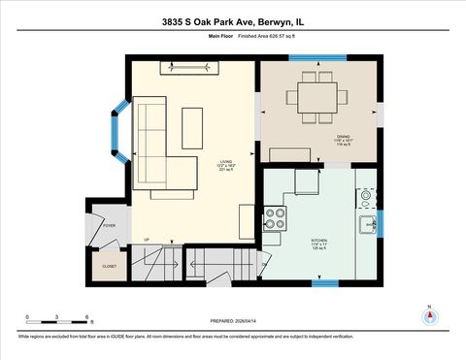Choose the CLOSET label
tap(110, 265)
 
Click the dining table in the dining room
tap(316, 97)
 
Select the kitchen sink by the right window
tap(367, 225)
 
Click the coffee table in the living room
tap(193, 127)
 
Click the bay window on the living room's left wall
tap(120, 128)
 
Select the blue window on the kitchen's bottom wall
tap(325, 283)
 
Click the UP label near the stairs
tap(146, 240)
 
